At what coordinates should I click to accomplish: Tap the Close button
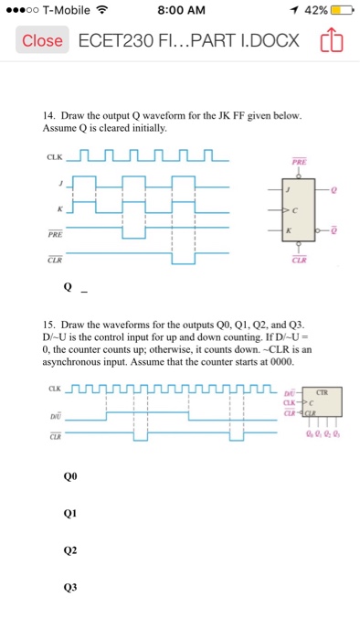point(43,41)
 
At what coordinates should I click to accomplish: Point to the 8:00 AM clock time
point(180,12)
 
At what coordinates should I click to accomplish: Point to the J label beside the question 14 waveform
point(60,183)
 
